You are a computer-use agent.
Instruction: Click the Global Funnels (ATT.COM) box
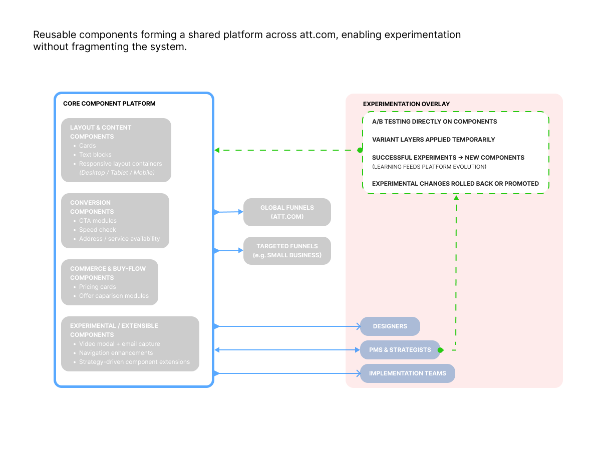(x=287, y=212)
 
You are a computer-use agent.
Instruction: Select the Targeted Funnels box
(x=287, y=250)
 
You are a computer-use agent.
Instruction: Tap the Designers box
(x=390, y=326)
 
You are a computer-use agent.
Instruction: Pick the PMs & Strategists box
(x=400, y=350)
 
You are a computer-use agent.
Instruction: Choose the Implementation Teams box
(x=407, y=373)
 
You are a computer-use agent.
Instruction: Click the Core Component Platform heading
(x=109, y=104)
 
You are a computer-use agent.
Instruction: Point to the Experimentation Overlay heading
(x=406, y=104)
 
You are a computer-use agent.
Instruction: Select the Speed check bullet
(x=97, y=230)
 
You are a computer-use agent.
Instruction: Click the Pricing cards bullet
(x=97, y=287)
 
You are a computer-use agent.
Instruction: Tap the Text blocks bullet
(x=95, y=155)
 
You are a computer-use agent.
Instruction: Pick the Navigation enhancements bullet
(x=116, y=353)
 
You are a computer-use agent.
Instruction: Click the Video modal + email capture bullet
(x=119, y=344)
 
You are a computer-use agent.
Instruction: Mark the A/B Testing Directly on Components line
(x=434, y=122)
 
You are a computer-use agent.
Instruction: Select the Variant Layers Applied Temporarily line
(x=433, y=140)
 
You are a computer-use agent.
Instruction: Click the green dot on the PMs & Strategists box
(x=440, y=350)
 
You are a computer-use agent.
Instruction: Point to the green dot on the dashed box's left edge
(x=360, y=150)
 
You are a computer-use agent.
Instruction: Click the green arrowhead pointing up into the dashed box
(x=456, y=198)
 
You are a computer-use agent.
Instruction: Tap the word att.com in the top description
(x=319, y=35)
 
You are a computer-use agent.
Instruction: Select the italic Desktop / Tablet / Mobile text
(x=117, y=173)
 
